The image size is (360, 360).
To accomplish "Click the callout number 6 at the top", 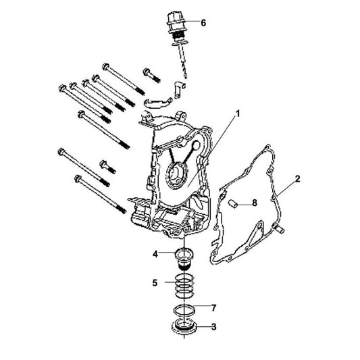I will (x=203, y=22).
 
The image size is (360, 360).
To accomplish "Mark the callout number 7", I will (x=214, y=308).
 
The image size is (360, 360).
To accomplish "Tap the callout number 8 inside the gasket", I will (x=254, y=202).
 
